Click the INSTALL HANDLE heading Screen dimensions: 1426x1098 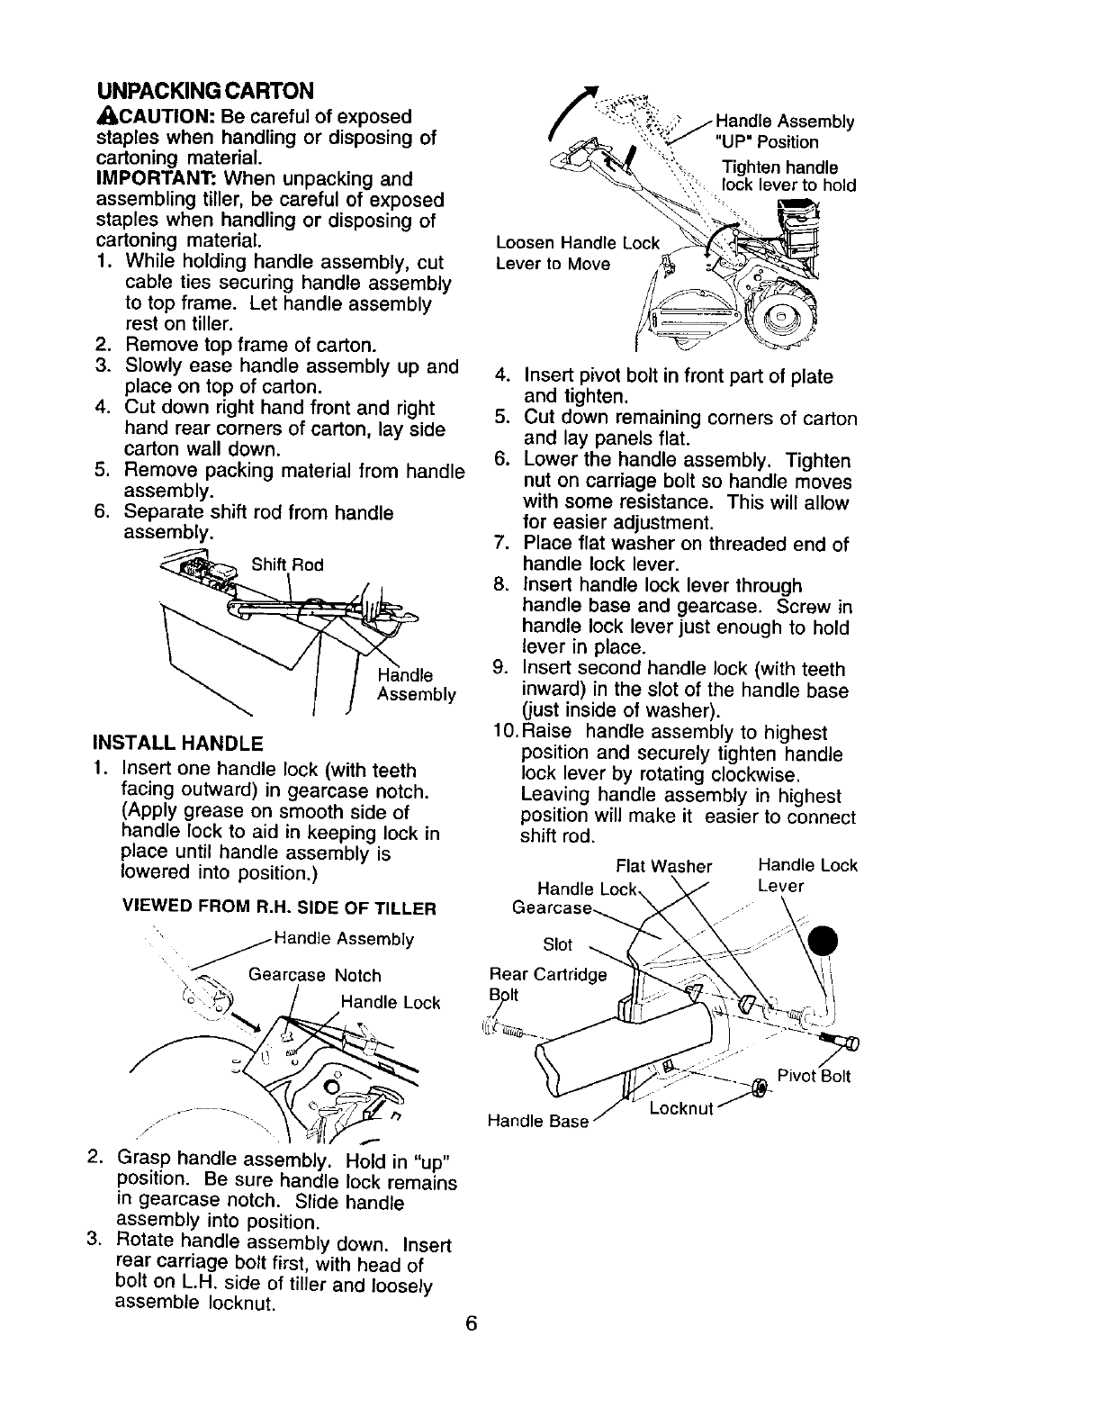pyautogui.click(x=177, y=744)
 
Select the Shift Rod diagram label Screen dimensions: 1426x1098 pyautogui.click(x=287, y=564)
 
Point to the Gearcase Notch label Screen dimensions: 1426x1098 pyautogui.click(x=314, y=975)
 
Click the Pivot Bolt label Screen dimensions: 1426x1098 pyautogui.click(x=814, y=1076)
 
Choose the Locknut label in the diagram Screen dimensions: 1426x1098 pyautogui.click(x=680, y=1107)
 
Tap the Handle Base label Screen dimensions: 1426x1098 pyautogui.click(x=537, y=1121)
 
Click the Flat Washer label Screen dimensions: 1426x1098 pyautogui.click(x=663, y=866)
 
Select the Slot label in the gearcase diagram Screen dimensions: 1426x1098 pyautogui.click(x=557, y=944)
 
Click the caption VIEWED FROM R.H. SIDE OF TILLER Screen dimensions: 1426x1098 pyautogui.click(x=278, y=907)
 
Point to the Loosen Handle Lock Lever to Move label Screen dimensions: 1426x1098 pyautogui.click(x=576, y=253)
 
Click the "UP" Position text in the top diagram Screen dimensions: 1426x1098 pyautogui.click(x=766, y=142)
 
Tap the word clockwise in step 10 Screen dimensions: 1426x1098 pyautogui.click(x=753, y=774)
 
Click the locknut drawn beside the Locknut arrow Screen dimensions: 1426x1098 pyautogui.click(x=759, y=1089)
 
